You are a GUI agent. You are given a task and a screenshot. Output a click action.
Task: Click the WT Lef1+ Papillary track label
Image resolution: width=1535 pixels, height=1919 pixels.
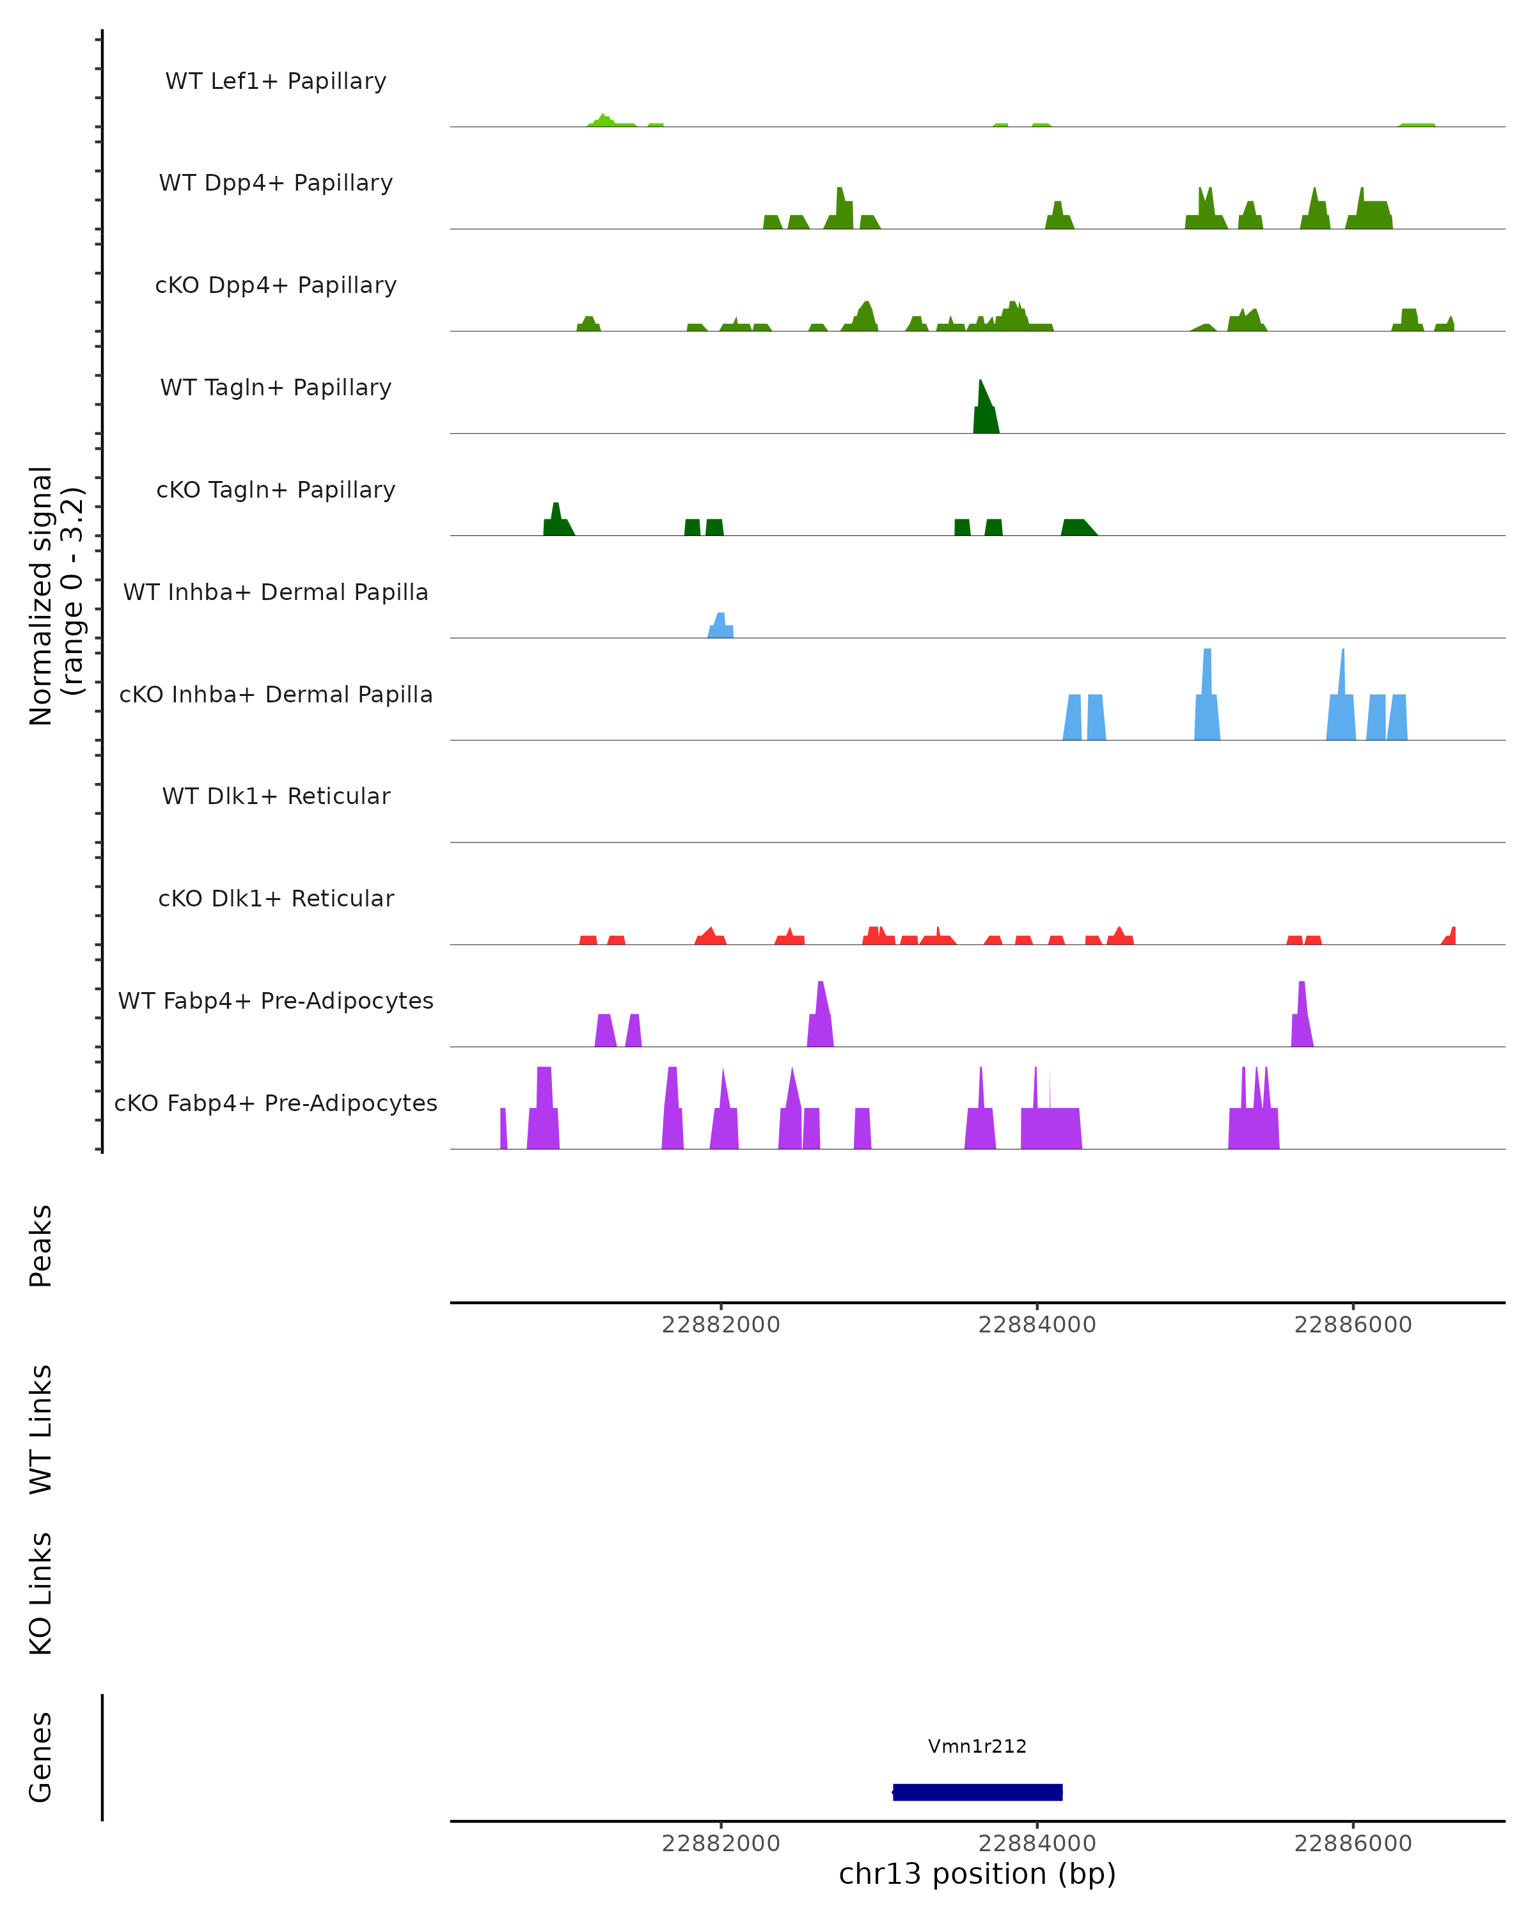[276, 81]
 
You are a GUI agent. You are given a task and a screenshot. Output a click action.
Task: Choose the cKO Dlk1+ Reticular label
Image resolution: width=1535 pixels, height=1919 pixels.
[276, 898]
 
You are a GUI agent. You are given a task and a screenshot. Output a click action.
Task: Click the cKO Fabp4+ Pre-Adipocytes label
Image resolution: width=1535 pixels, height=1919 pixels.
[276, 1103]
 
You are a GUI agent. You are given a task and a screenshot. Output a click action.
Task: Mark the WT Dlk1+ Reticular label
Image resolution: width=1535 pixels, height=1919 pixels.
[276, 796]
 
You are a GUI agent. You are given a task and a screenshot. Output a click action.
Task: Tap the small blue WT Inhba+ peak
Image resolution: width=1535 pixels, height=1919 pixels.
[721, 627]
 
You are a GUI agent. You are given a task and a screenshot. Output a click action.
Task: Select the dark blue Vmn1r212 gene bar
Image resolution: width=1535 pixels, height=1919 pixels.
[977, 1792]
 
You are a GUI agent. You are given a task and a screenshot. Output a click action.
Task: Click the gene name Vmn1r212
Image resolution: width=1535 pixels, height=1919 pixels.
[977, 1746]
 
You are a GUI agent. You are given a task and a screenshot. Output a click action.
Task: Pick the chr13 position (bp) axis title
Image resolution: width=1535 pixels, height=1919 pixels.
[977, 1874]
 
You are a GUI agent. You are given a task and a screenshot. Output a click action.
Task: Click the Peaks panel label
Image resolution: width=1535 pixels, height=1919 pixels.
[41, 1246]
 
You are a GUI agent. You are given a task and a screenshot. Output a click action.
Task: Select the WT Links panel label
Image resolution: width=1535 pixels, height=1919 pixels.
[41, 1428]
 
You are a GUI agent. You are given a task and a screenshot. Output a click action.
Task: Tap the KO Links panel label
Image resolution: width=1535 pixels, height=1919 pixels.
[41, 1594]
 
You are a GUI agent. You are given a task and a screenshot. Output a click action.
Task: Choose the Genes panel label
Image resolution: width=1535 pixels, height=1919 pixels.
[41, 1757]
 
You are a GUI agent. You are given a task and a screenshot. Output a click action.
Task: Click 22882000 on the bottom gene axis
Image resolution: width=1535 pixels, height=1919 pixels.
[721, 1844]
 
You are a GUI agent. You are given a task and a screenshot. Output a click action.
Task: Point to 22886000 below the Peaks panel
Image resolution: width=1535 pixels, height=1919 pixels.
[1353, 1325]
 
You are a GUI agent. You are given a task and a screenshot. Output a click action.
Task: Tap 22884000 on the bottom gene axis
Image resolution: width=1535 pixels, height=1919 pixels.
[1037, 1844]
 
